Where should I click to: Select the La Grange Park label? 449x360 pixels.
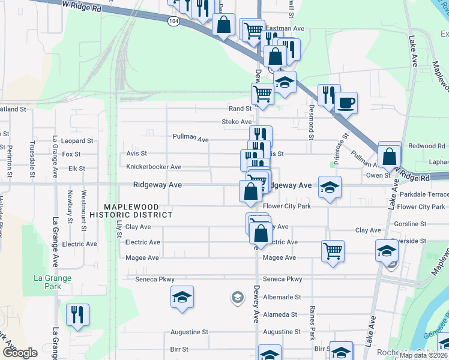coord(52,282)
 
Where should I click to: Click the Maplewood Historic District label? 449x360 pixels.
coord(130,211)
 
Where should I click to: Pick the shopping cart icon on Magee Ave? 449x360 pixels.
coord(333,251)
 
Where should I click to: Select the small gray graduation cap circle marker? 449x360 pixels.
coord(238,297)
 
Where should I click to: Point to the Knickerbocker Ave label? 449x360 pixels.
coord(154,167)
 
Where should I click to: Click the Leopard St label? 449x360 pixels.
coord(77,141)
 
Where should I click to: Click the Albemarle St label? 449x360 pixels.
coord(282,297)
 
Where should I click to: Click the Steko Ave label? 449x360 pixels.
coord(237,122)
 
